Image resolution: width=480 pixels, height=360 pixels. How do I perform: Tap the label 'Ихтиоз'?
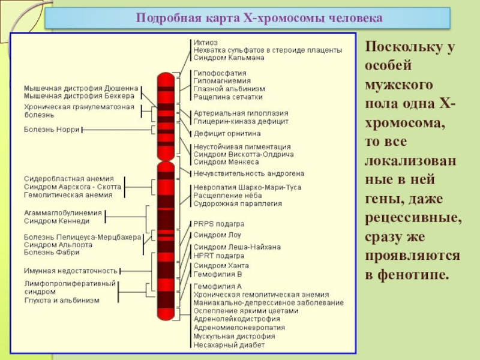205,42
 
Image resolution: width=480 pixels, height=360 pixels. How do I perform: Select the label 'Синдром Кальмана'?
229,58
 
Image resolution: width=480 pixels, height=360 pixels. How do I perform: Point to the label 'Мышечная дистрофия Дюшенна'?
81,88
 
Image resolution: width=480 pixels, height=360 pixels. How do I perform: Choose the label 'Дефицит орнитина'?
227,133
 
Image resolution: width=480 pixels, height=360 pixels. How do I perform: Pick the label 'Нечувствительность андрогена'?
248,173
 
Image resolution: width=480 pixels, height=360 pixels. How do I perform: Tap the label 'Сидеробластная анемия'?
68,179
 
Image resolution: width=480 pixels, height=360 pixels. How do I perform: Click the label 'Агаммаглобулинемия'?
63,212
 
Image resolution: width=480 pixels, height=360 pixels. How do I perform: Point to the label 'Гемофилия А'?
217,286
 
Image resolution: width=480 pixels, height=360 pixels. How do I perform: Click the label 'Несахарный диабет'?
229,345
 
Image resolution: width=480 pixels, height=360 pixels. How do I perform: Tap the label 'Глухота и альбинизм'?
62,300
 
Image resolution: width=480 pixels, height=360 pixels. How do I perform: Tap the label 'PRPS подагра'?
218,224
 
